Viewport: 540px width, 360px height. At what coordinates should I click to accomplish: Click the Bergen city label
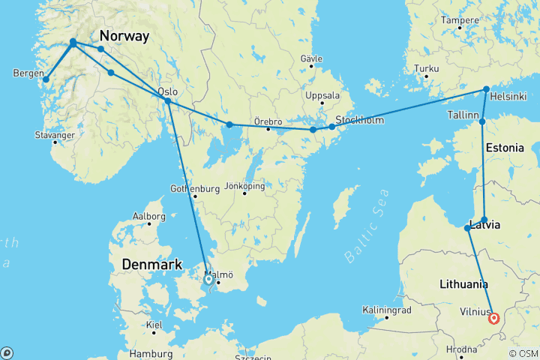point(28,73)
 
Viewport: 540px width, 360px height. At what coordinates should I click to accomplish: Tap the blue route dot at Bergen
point(46,79)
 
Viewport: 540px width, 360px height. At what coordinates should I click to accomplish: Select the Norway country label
point(124,37)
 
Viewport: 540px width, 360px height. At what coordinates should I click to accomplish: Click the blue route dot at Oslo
point(168,101)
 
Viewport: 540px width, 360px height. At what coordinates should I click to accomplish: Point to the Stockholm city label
point(361,120)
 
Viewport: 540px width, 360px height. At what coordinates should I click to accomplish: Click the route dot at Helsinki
point(486,88)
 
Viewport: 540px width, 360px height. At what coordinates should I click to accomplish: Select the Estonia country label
point(505,148)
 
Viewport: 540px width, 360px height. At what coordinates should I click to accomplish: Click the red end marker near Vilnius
point(493,318)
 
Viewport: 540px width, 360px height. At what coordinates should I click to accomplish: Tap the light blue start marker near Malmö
point(209,280)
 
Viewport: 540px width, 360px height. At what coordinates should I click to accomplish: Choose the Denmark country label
point(154,265)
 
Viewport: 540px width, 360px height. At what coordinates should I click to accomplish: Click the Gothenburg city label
point(194,188)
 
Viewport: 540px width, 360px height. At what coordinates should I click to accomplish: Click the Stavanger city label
point(54,135)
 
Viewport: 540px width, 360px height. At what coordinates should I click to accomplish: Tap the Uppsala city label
point(322,95)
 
